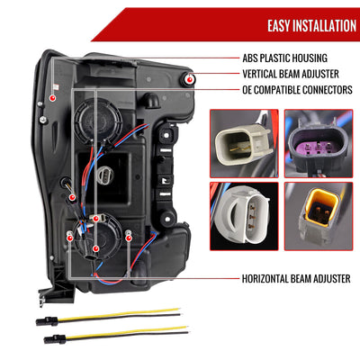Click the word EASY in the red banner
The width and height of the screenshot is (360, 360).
(x=279, y=26)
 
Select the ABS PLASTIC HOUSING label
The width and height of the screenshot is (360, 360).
(x=284, y=58)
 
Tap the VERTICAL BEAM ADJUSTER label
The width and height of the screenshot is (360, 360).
(x=291, y=74)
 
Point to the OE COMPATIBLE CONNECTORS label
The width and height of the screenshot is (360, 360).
(x=297, y=90)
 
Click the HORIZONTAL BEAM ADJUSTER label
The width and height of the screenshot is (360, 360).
(x=296, y=279)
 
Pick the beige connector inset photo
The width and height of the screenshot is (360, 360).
(x=244, y=143)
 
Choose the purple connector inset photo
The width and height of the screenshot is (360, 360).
(x=319, y=143)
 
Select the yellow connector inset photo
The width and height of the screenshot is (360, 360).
(x=319, y=216)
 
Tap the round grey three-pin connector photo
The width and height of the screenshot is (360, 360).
(x=244, y=216)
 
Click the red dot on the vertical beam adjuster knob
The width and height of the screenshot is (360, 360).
(x=190, y=79)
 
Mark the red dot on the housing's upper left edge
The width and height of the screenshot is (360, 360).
(x=52, y=98)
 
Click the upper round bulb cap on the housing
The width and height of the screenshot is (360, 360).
(x=98, y=120)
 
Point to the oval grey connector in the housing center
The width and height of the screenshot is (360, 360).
(x=105, y=175)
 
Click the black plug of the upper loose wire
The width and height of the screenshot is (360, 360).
(x=47, y=321)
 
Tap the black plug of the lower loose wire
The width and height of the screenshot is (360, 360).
(x=55, y=339)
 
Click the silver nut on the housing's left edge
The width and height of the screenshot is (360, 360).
(x=43, y=120)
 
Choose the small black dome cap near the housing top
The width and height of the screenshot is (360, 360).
(x=150, y=99)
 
